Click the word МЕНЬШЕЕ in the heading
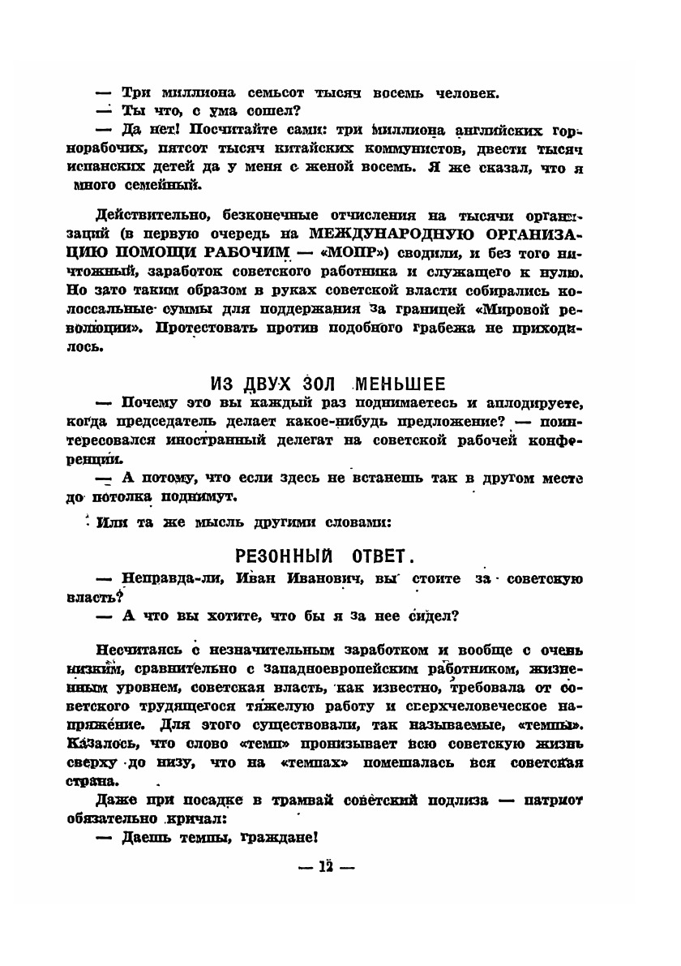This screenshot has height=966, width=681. pos(399,383)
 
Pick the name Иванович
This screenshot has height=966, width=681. pos(320,578)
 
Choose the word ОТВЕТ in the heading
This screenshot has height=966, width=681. pos(379,556)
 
